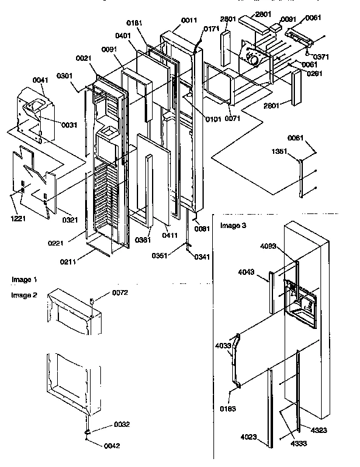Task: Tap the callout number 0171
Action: point(212,29)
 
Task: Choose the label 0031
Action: point(69,125)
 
